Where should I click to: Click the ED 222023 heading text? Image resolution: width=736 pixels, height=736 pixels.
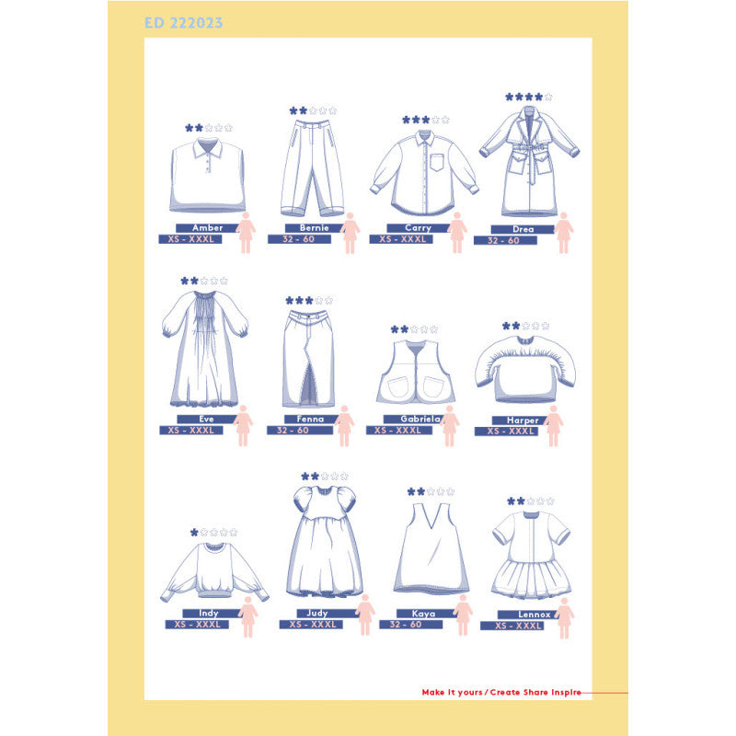(x=183, y=22)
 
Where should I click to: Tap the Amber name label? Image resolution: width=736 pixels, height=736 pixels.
(x=208, y=227)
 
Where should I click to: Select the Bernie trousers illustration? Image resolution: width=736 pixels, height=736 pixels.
(x=312, y=167)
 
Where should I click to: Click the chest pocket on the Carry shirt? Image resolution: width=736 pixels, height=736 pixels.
(x=436, y=162)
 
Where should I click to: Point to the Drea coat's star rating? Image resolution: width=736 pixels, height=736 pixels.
(x=528, y=98)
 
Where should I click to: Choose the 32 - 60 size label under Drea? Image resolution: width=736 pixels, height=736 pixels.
(x=505, y=240)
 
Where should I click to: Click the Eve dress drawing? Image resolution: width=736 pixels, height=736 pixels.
(x=204, y=349)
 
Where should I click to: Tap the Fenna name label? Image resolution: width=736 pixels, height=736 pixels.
(x=310, y=419)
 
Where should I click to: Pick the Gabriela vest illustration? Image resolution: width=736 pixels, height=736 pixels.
(x=416, y=372)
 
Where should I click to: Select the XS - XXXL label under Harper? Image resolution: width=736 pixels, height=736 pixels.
(x=506, y=431)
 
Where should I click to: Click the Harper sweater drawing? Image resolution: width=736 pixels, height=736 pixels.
(x=525, y=369)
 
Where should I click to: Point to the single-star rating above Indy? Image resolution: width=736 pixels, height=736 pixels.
(x=213, y=533)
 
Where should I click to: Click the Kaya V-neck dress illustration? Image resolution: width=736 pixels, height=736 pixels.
(x=431, y=548)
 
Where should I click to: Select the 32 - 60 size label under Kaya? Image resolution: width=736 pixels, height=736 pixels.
(x=410, y=625)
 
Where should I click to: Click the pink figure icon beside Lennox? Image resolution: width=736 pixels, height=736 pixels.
(x=564, y=617)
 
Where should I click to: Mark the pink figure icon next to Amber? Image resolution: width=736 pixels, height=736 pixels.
(x=246, y=233)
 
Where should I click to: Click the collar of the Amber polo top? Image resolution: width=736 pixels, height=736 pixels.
(x=208, y=147)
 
